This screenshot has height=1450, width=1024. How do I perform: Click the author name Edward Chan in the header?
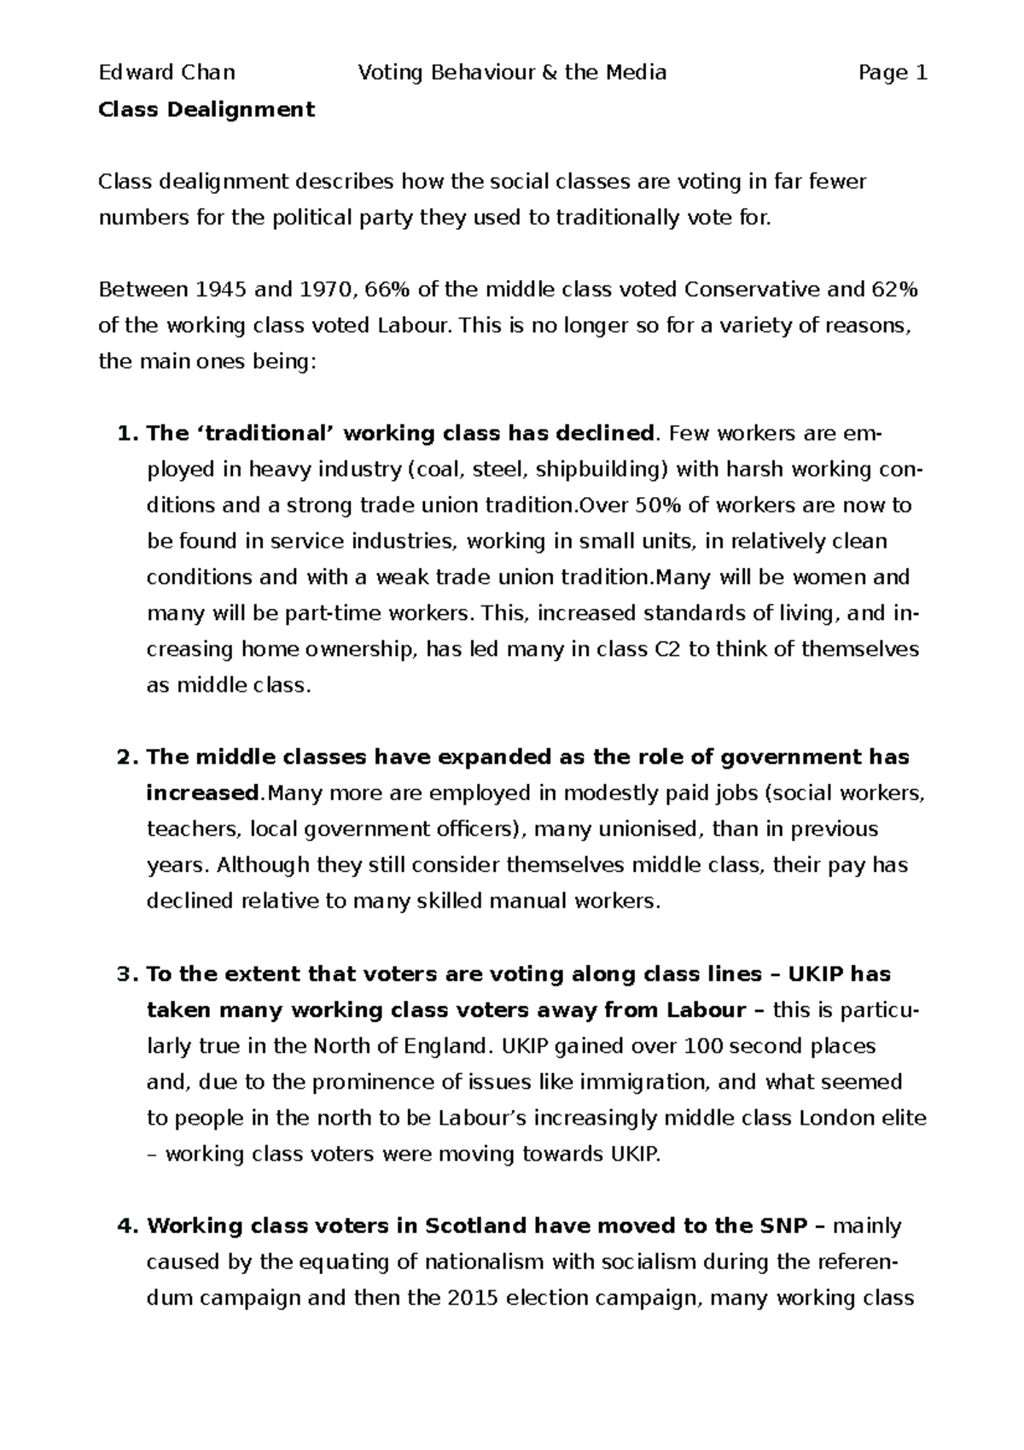(x=167, y=73)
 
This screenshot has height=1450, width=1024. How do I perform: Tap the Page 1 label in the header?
(x=893, y=73)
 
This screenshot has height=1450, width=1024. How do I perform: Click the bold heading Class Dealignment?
(x=207, y=109)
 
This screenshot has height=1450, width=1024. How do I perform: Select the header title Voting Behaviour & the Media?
(x=512, y=73)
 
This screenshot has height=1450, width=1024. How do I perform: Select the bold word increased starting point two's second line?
(x=201, y=793)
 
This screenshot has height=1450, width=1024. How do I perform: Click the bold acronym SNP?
(x=782, y=1227)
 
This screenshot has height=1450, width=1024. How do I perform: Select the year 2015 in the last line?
(x=472, y=1299)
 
